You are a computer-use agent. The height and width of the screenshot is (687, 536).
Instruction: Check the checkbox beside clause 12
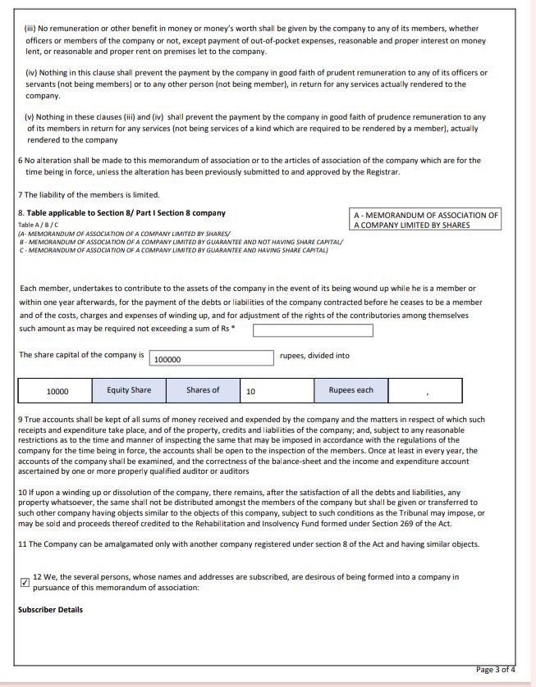pos(24,583)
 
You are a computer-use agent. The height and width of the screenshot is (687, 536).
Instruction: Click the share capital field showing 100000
pos(211,358)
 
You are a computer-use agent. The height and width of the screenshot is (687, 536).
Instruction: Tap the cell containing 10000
pos(57,391)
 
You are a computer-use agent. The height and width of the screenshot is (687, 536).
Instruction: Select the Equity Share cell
pos(129,390)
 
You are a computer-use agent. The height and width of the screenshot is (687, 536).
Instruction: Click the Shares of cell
pos(203,390)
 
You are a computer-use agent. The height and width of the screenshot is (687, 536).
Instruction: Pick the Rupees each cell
pos(350,390)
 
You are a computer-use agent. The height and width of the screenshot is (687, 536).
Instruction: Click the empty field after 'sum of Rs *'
pos(313,330)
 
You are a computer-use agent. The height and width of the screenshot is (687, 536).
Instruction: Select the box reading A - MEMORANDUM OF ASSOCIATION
pos(425,220)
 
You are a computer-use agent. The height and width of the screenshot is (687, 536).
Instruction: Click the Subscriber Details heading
pos(50,610)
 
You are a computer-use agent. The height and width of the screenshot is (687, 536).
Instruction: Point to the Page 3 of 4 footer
pos(495,670)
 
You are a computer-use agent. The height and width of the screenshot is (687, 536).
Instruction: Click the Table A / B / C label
pos(38,225)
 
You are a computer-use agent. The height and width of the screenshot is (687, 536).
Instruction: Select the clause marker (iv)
pos(32,73)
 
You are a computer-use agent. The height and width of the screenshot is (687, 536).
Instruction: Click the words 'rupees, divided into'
pos(314,356)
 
